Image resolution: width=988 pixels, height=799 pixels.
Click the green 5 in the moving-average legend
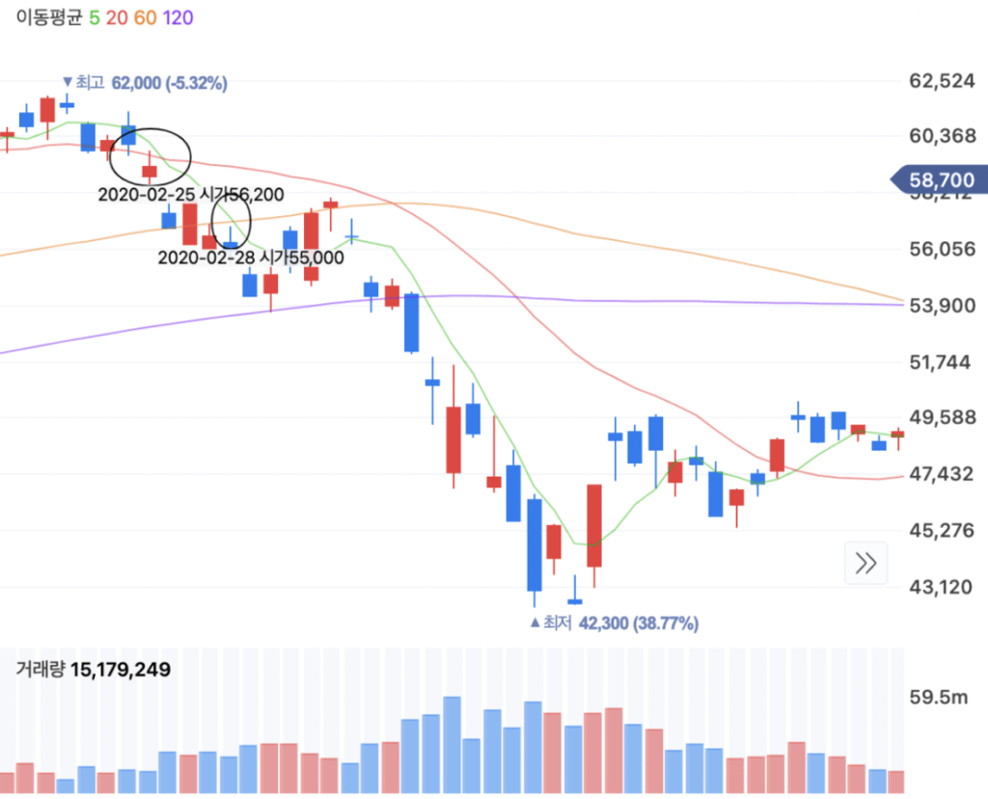(x=94, y=18)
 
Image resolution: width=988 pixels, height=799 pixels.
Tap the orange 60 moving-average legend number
(x=145, y=18)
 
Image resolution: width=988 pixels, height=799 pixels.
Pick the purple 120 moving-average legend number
(x=178, y=18)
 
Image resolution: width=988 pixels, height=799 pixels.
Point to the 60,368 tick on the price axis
(x=942, y=136)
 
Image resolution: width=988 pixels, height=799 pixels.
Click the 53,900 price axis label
(x=942, y=305)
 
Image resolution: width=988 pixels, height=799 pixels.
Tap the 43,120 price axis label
(x=942, y=587)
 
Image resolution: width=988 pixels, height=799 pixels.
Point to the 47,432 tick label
(x=942, y=474)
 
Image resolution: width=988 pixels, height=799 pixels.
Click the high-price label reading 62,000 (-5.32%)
(x=169, y=84)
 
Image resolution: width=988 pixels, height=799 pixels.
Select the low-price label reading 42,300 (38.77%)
(x=637, y=623)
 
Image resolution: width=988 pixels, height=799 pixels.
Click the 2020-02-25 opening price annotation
(x=191, y=195)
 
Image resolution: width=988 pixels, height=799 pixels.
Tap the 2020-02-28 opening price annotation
(x=250, y=258)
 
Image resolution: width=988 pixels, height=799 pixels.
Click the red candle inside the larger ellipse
(x=150, y=172)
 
